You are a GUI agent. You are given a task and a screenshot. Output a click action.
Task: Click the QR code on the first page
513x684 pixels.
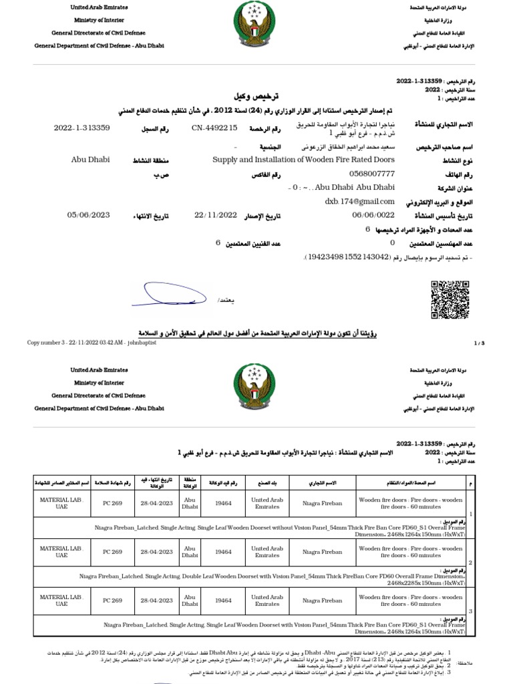(450, 301)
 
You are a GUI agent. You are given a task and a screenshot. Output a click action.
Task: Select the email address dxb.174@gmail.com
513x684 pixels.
(359, 200)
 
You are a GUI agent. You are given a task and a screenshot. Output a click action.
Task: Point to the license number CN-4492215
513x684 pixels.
(214, 128)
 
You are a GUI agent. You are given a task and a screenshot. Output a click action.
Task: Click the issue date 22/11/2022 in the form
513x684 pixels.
(216, 214)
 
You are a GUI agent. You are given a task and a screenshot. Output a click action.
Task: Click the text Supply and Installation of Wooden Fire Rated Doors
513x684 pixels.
(303, 160)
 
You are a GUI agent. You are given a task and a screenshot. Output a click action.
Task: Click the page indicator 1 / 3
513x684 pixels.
(478, 343)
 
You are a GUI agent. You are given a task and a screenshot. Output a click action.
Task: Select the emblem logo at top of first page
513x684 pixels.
(256, 24)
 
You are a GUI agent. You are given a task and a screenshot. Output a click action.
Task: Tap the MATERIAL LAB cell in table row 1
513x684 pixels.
(62, 504)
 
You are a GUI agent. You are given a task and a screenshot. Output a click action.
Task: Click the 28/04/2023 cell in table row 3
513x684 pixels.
(158, 601)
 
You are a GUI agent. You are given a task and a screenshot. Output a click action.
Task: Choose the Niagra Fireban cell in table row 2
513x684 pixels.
(322, 552)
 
